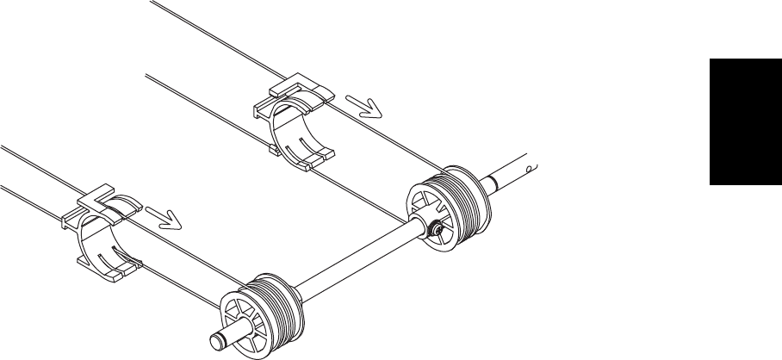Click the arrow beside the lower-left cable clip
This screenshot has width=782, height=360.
(165, 218)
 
